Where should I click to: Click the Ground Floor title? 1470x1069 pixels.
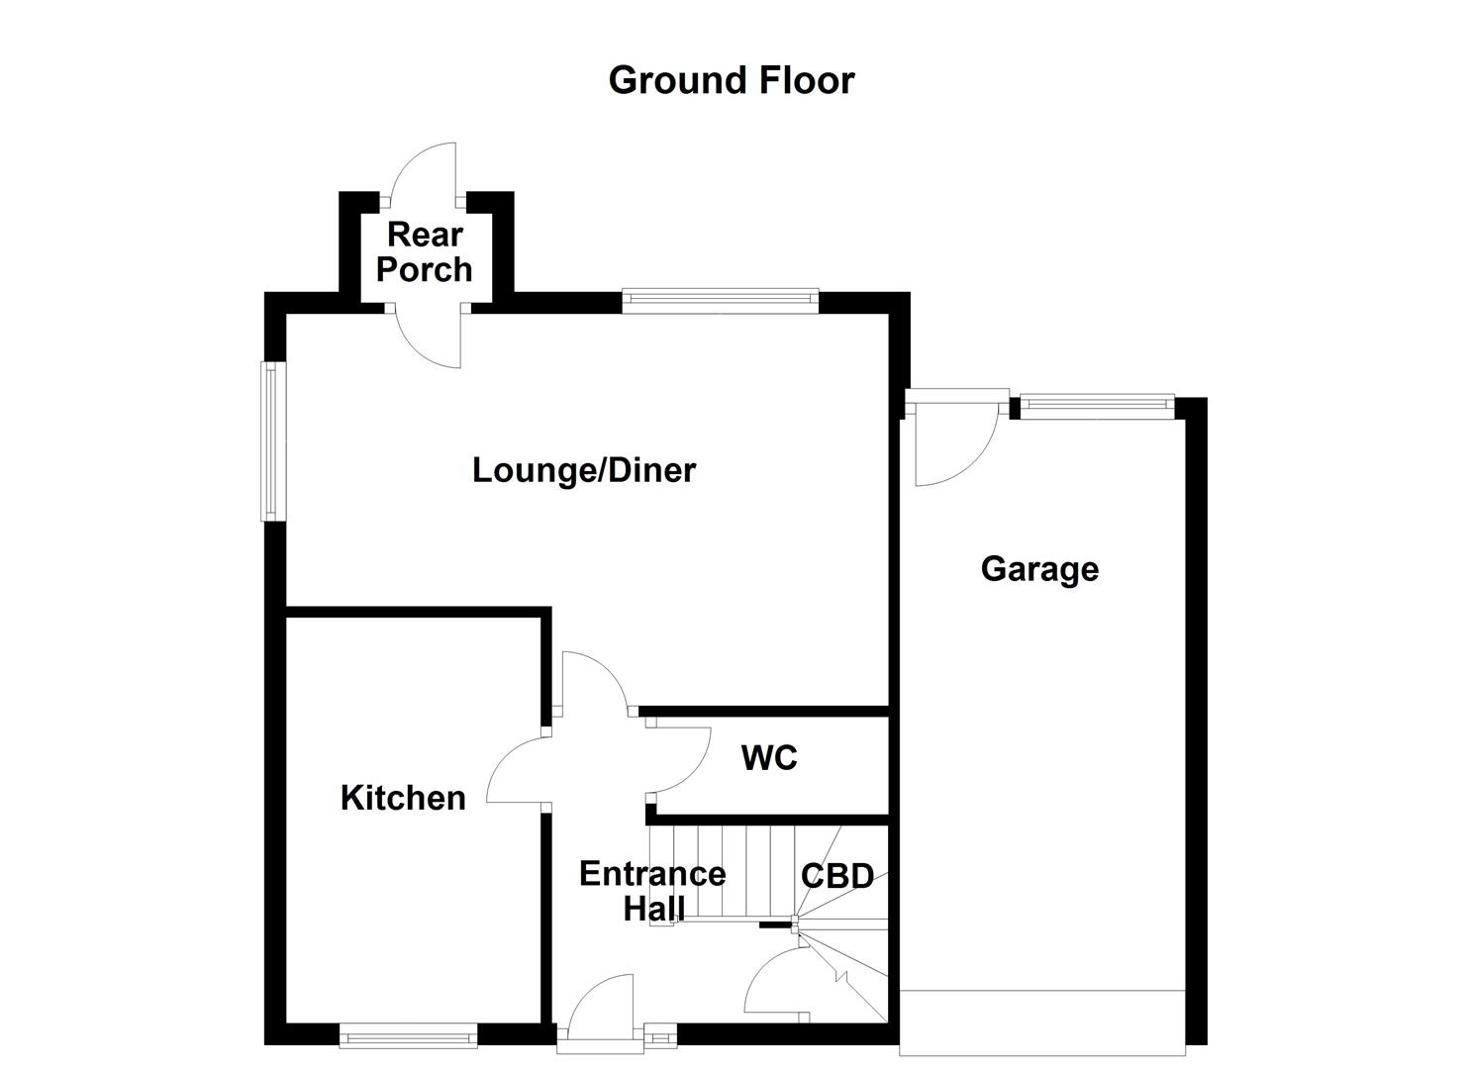pos(731,80)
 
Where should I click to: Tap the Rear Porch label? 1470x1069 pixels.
pos(425,252)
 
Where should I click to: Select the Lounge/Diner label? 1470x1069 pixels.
pos(584,470)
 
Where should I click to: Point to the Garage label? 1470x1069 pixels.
pos(1039,569)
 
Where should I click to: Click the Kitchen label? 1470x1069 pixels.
pos(403,798)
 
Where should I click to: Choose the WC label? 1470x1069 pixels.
pos(769,758)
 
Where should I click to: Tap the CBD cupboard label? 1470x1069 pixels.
pos(837,876)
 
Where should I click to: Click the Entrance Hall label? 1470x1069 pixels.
pos(652,890)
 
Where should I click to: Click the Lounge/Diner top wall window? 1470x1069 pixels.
pos(721,300)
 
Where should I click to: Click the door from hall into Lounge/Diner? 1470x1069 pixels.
pos(592,683)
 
